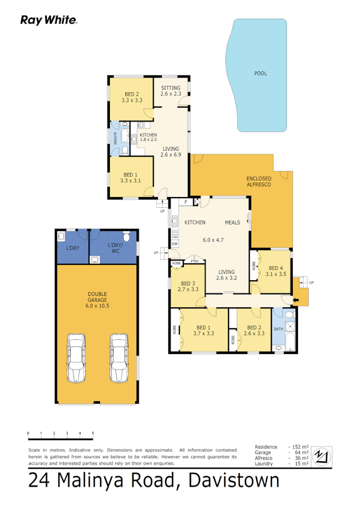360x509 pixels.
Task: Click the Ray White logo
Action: [x=49, y=20]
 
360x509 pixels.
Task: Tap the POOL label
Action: [x=260, y=73]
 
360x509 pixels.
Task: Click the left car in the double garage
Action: [x=77, y=358]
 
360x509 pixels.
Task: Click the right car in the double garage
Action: [x=119, y=358]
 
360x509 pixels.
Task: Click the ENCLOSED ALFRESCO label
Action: [x=259, y=181]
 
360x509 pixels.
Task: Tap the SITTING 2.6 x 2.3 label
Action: [x=170, y=91]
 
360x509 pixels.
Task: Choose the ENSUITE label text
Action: [x=116, y=138]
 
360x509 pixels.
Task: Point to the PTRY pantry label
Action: [x=195, y=262]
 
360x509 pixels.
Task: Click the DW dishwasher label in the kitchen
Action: [x=175, y=244]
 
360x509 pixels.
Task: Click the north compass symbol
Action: [x=321, y=455]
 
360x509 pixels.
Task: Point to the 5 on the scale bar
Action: [x=93, y=434]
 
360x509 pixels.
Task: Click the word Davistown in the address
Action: [x=234, y=481]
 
